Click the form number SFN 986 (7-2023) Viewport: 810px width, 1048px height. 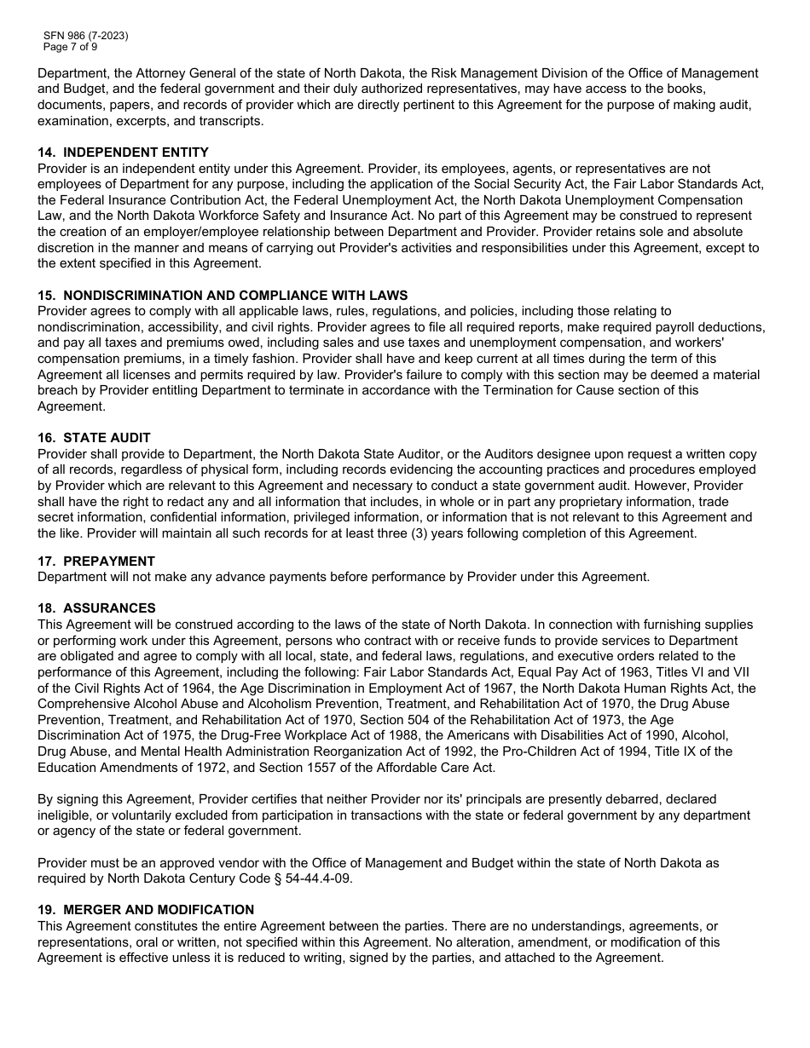[x=86, y=36]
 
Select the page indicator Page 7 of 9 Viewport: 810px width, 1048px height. [x=71, y=47]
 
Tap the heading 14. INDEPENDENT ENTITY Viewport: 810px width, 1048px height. [x=123, y=153]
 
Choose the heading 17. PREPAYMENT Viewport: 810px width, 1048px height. [x=96, y=561]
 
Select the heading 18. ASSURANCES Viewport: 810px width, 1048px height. [x=96, y=608]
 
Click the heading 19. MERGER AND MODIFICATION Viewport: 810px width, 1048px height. [x=146, y=910]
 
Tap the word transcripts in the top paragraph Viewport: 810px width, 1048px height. [x=231, y=121]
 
